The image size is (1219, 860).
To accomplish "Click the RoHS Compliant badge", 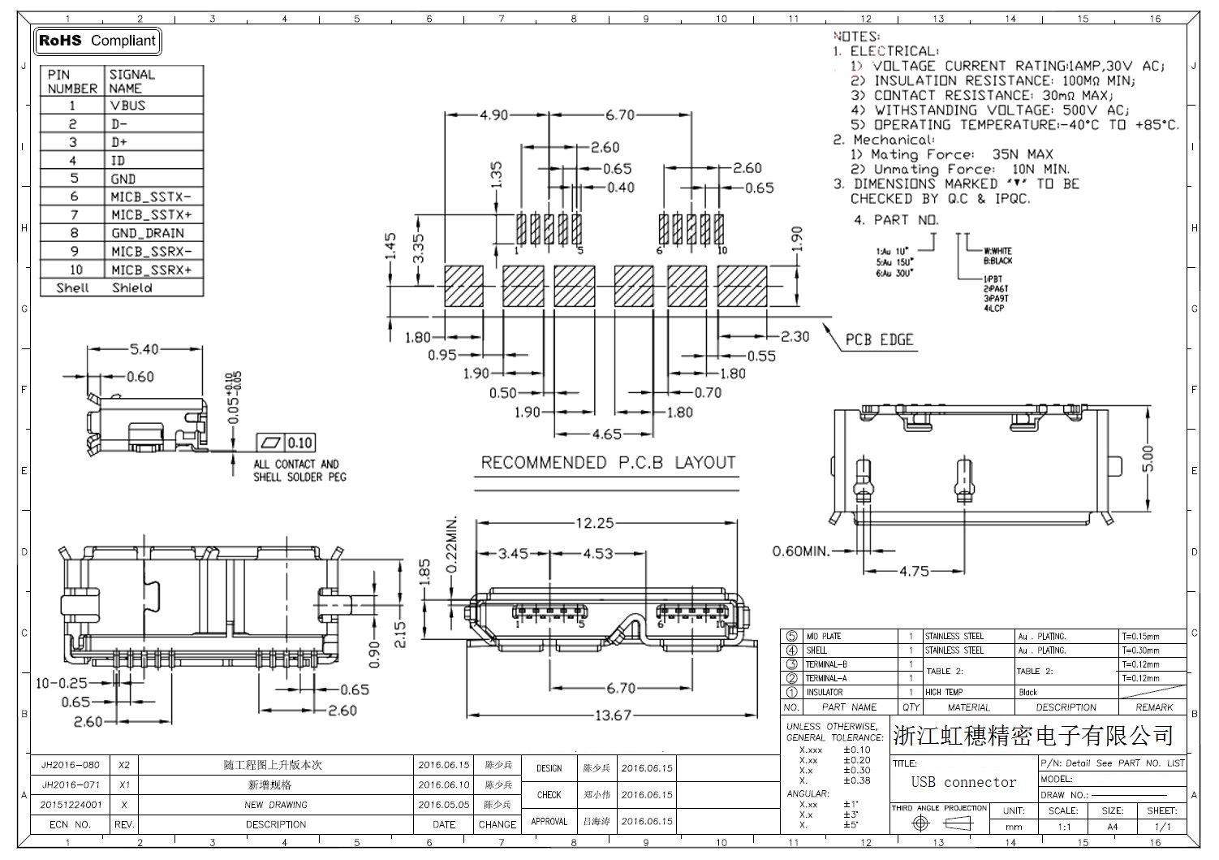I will tap(97, 41).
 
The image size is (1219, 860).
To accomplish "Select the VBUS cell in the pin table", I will tap(128, 106).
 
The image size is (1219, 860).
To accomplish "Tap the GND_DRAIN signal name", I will tap(148, 233).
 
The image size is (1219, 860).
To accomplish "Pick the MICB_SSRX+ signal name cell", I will tap(152, 270).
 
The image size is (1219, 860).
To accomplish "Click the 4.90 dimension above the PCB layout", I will tap(493, 115).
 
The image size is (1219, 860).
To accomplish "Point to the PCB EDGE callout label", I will tap(879, 339).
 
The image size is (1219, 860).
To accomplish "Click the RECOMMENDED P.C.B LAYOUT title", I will tap(608, 463).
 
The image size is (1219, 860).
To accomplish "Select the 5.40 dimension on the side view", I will tap(144, 350).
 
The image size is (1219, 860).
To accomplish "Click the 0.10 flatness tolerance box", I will tap(299, 443).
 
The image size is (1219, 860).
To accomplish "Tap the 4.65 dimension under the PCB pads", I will tap(606, 434).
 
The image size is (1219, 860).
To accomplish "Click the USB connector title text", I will tap(963, 782).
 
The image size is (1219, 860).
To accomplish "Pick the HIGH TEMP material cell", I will tap(944, 693).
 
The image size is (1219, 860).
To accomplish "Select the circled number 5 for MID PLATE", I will tap(792, 637).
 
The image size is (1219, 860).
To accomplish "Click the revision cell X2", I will tap(124, 765).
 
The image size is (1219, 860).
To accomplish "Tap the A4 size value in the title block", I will tap(1112, 827).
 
